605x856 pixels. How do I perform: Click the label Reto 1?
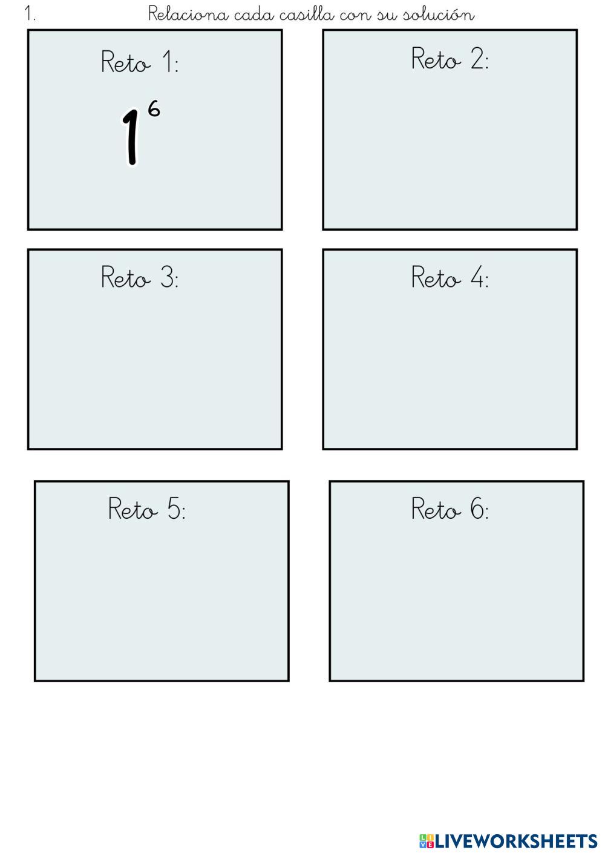tap(140, 62)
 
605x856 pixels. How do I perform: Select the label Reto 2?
tap(450, 59)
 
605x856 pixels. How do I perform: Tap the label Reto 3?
tap(140, 277)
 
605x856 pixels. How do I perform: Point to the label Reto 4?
tap(450, 277)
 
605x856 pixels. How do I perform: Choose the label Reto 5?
tap(147, 509)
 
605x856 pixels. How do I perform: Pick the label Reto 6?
tap(450, 509)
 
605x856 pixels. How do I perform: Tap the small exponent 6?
tap(154, 110)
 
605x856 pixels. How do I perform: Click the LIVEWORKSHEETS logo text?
tap(516, 841)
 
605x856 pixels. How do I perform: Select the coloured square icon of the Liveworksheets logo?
tap(426, 841)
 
